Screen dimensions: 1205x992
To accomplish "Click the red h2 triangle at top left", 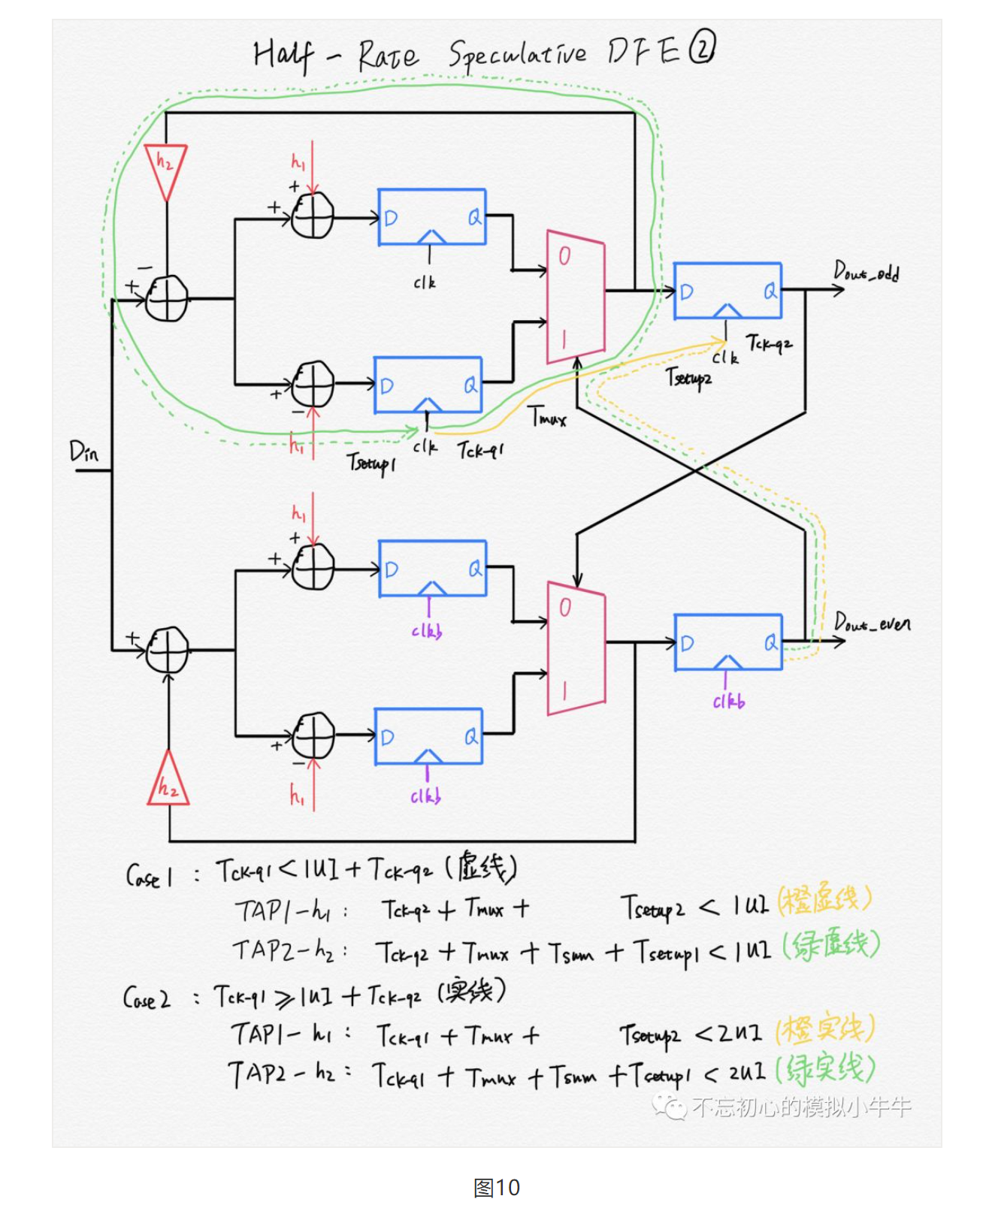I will point(165,169).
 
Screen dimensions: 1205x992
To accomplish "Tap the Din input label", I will point(84,451).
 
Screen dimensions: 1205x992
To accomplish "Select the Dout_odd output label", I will point(866,271).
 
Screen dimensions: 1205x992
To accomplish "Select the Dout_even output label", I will point(873,623).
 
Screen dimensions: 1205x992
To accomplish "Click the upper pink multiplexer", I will point(575,297).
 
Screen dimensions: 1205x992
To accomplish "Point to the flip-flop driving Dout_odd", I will point(727,291).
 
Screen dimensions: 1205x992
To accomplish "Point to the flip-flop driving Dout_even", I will point(728,642).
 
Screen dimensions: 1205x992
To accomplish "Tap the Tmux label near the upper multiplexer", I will point(547,416).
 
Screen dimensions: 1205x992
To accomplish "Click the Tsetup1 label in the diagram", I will point(370,462).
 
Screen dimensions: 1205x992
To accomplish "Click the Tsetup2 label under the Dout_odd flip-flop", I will point(688,377).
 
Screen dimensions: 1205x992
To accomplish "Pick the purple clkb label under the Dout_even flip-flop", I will point(728,702).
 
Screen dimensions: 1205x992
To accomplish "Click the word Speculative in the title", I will point(517,54).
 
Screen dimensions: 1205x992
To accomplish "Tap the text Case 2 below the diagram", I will point(147,998).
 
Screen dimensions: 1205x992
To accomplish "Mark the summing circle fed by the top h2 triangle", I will point(167,298).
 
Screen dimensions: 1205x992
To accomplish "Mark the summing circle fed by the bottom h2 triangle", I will point(167,650).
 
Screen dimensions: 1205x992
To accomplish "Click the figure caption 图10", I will point(497,1187).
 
